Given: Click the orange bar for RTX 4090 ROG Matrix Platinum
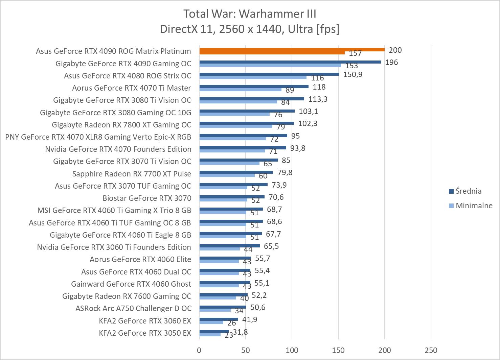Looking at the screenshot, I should pyautogui.click(x=292, y=50).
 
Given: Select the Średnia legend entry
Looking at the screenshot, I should pyautogui.click(x=468, y=191).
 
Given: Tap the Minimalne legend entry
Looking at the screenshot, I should pyautogui.click(x=474, y=206).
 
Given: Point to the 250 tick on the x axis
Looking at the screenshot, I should pyautogui.click(x=431, y=350).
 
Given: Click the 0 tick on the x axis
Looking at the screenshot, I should pyautogui.click(x=199, y=350).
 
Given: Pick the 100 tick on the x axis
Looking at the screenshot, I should pyautogui.click(x=292, y=350).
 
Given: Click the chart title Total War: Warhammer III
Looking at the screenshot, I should pyautogui.click(x=250, y=14).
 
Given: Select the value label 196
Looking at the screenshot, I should pyautogui.click(x=391, y=62).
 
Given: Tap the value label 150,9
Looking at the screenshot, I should pyautogui.click(x=353, y=74).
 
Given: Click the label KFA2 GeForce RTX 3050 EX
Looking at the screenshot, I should pyautogui.click(x=145, y=333).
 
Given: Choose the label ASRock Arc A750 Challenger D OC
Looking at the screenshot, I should pyautogui.click(x=133, y=308).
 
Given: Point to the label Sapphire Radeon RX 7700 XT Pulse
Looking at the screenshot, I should pyautogui.click(x=132, y=174).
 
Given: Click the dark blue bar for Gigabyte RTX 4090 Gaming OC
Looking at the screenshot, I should pyautogui.click(x=290, y=62).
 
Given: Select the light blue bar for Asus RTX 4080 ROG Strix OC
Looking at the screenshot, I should pyautogui.click(x=253, y=77).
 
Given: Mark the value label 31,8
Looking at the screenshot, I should pyautogui.click(x=241, y=332).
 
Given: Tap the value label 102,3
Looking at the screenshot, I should pyautogui.click(x=308, y=123).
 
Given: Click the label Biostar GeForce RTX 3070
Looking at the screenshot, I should pyautogui.click(x=147, y=198).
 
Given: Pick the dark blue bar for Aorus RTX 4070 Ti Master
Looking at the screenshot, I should pyautogui.click(x=254, y=87).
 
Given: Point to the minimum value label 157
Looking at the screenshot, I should pyautogui.click(x=356, y=53).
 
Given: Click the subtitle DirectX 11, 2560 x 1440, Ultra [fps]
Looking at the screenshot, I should pyautogui.click(x=250, y=29).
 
